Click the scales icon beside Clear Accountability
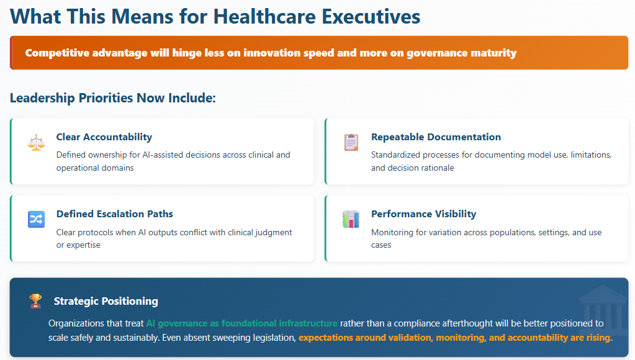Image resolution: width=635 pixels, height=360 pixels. (x=37, y=142)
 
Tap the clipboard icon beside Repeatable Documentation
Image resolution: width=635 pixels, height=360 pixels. (x=351, y=142)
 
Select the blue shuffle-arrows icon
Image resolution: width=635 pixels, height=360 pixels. (x=37, y=220)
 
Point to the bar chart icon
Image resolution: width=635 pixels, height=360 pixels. (x=351, y=220)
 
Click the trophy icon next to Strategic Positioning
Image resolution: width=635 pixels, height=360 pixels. (x=35, y=301)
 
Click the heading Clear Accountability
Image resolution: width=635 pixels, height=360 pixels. (x=104, y=137)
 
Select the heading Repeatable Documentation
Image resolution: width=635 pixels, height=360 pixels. (x=436, y=137)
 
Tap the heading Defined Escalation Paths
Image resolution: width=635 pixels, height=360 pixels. (x=115, y=214)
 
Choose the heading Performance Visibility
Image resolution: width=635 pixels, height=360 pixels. (x=423, y=214)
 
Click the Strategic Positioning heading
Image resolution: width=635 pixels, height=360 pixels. (x=106, y=301)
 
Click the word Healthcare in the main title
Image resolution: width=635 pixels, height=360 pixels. (x=264, y=17)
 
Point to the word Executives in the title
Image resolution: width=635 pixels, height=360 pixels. (x=371, y=17)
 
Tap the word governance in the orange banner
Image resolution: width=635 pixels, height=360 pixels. (x=433, y=53)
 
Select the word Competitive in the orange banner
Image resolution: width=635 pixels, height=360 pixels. (x=57, y=53)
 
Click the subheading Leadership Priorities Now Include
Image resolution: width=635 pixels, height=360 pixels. (x=113, y=98)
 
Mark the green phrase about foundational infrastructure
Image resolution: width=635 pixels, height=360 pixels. (x=241, y=323)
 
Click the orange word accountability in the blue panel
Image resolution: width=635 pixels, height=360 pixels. (x=538, y=337)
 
